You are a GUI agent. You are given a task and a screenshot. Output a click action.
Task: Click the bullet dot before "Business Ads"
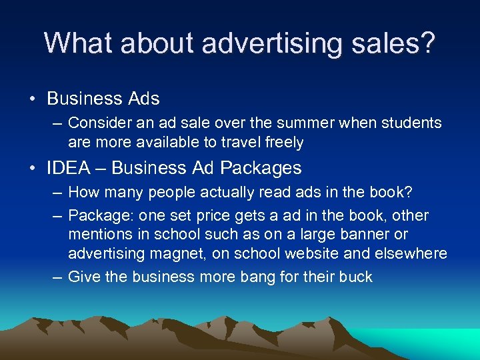[33, 99]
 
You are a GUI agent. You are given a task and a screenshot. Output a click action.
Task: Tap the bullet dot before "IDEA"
[33, 168]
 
